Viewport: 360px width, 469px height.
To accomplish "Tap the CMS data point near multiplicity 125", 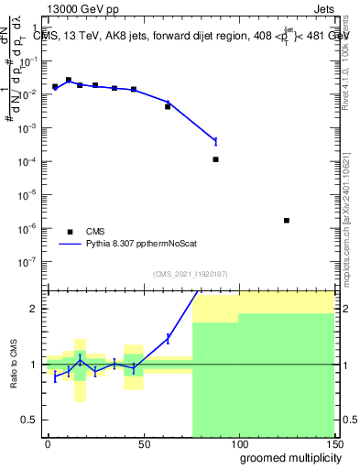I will pyautogui.click(x=287, y=220).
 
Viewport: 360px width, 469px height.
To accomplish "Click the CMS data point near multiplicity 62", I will pyautogui.click(x=168, y=106).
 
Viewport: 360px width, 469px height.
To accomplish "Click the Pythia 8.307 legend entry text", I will pyautogui.click(x=145, y=245).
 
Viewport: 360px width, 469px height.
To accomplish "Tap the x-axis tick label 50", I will pyautogui.click(x=143, y=443).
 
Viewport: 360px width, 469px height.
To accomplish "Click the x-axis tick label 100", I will pyautogui.click(x=238, y=443).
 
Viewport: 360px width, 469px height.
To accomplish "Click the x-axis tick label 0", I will pyautogui.click(x=48, y=443).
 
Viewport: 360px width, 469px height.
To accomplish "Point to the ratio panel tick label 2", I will pyautogui.click(x=34, y=309).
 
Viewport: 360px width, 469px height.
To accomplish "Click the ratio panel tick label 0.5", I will pyautogui.click(x=29, y=420).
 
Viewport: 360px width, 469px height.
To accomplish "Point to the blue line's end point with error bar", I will pyautogui.click(x=215, y=141).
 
